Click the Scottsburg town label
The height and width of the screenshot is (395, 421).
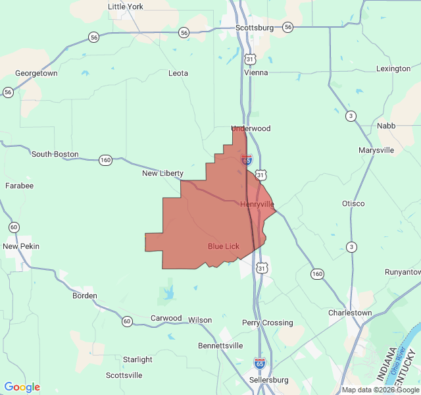(255, 28)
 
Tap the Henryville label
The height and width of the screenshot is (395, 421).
(257, 204)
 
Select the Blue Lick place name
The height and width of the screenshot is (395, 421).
(224, 246)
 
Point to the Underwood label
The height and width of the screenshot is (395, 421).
(251, 128)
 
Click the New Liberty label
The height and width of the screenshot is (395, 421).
(162, 173)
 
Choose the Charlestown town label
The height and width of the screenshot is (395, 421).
(350, 313)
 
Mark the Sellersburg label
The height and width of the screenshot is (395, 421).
(269, 380)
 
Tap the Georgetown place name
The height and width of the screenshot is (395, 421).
(36, 74)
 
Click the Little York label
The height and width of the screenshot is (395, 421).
(125, 7)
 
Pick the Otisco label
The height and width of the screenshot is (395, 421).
(353, 203)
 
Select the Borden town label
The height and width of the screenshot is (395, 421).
(85, 296)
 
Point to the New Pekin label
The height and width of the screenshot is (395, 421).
(21, 246)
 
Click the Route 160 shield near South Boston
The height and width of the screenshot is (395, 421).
(105, 160)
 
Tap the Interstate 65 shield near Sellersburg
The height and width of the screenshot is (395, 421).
(260, 363)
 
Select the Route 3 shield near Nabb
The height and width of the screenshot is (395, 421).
(352, 116)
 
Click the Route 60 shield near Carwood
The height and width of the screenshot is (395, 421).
(126, 321)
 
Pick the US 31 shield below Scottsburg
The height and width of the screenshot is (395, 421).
(249, 59)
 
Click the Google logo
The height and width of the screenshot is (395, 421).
(22, 387)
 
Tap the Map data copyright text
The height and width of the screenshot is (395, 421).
(380, 390)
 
